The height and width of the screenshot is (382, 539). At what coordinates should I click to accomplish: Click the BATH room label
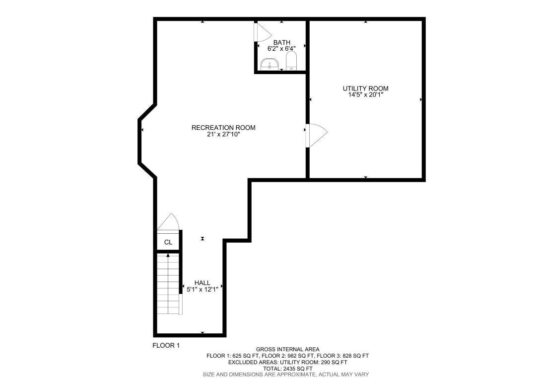281,42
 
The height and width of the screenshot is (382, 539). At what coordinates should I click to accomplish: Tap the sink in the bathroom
269,64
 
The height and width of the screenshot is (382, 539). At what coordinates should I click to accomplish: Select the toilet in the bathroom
291,62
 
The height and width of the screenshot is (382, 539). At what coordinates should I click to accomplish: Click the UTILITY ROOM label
365,89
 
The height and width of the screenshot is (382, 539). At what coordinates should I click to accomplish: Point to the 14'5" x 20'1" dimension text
365,95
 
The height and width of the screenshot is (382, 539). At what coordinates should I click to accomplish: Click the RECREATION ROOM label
223,128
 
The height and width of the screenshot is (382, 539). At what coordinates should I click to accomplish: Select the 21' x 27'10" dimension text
223,134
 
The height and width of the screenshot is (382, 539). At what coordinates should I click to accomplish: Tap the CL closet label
168,242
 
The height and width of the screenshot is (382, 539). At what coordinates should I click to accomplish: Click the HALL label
202,283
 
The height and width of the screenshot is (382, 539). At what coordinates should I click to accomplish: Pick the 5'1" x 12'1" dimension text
202,289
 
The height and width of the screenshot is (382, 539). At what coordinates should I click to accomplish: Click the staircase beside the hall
168,284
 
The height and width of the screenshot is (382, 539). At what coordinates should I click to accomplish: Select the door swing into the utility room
317,134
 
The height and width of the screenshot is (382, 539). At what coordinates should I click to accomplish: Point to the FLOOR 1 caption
166,345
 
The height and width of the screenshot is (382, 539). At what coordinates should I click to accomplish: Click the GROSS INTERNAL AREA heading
287,349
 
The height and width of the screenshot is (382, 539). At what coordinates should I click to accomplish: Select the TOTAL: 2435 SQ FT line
287,368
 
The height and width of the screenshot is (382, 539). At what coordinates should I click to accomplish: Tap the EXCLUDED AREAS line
287,362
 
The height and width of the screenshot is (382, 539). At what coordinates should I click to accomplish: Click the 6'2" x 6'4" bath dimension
281,48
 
